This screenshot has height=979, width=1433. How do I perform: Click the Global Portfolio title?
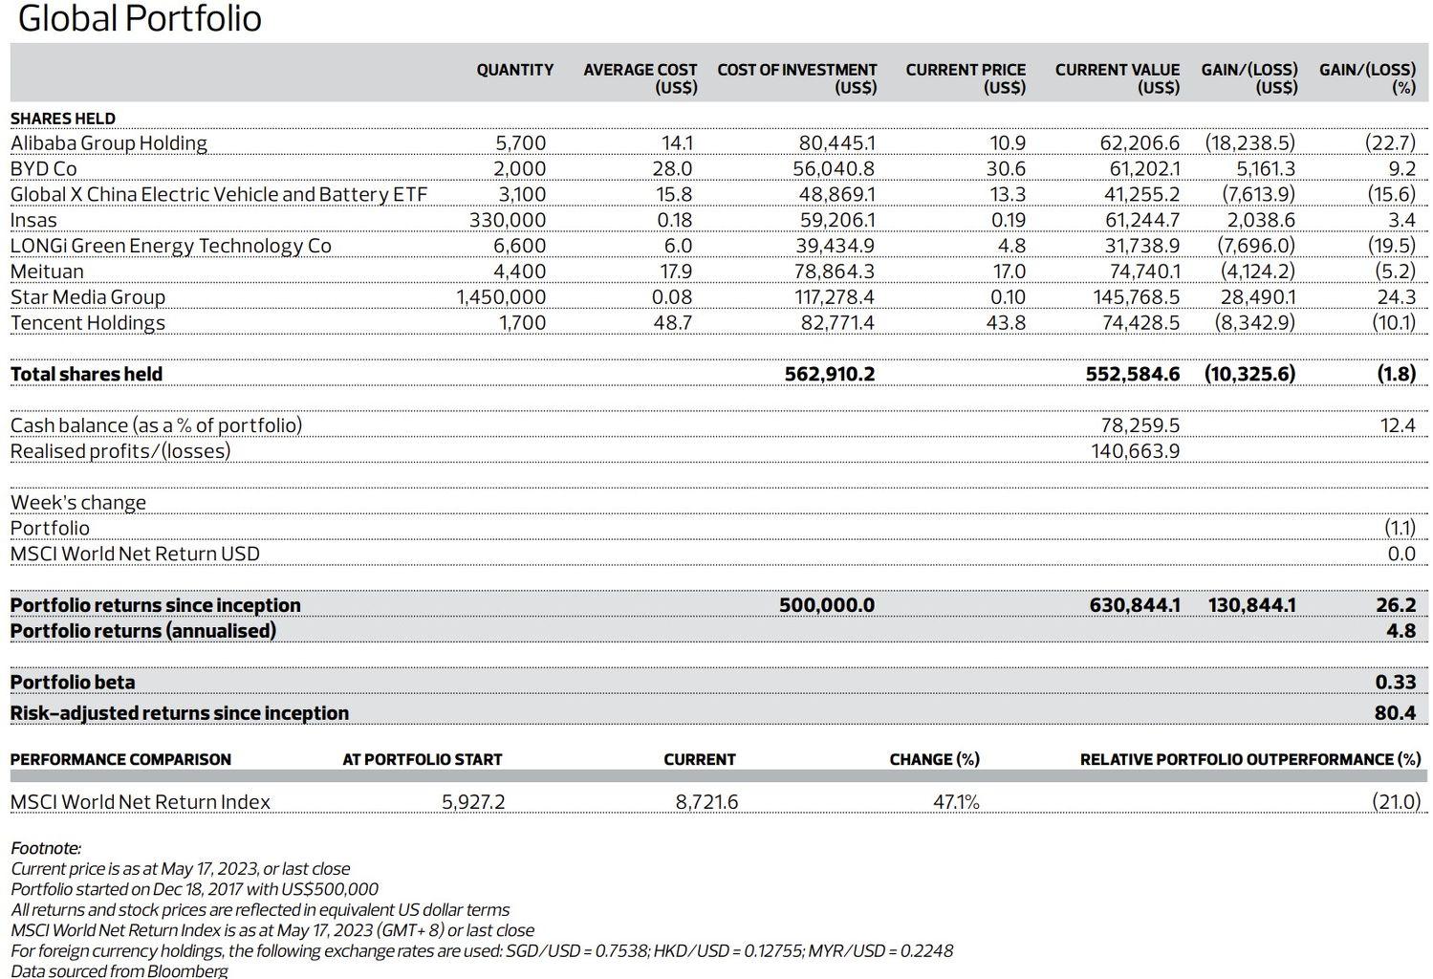(140, 19)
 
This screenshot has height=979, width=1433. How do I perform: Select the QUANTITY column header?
(514, 70)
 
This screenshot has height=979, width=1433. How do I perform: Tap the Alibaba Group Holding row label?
(108, 143)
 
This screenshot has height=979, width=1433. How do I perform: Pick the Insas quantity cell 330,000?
(507, 221)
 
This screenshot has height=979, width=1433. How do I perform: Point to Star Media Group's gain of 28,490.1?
(1257, 297)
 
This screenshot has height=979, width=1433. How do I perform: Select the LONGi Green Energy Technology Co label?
(170, 246)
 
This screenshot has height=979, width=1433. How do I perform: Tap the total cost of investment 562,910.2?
(829, 374)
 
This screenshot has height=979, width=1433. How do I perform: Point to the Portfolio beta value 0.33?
(1395, 683)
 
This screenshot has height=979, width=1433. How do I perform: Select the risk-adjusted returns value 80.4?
(1395, 713)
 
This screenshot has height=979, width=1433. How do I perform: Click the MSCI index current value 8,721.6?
(706, 802)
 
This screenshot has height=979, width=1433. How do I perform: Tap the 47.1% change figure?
(956, 802)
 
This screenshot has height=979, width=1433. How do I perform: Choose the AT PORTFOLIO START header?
(422, 760)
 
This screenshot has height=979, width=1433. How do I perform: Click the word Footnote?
(46, 848)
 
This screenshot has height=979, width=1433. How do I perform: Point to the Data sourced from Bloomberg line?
(119, 970)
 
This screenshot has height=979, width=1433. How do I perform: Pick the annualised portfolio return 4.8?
(1400, 631)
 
